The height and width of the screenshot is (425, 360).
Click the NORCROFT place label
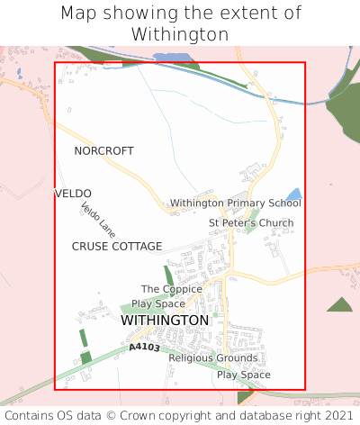pos(103,150)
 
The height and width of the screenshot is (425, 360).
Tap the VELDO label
pos(73,194)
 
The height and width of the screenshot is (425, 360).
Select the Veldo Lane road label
pos(98,220)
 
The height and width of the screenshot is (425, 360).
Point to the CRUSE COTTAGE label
pos(117,246)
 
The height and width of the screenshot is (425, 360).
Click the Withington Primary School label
pos(235,203)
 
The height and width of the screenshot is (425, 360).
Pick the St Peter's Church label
pos(251,222)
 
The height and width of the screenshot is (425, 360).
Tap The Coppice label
pos(171,289)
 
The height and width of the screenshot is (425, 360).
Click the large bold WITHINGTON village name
pos(165,320)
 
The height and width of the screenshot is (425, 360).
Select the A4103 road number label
pos(144,347)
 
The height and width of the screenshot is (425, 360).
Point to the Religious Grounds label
pos(213,357)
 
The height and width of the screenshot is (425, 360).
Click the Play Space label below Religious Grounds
pos(243,375)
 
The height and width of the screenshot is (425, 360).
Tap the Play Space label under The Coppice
pos(157,303)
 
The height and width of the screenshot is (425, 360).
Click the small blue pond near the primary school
pos(293,194)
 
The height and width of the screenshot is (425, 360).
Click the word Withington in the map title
pos(179,34)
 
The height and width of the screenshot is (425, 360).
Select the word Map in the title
pos(78,14)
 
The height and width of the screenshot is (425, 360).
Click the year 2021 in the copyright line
pos(338,416)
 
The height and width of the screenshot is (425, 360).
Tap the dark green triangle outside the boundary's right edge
pos(340,305)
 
